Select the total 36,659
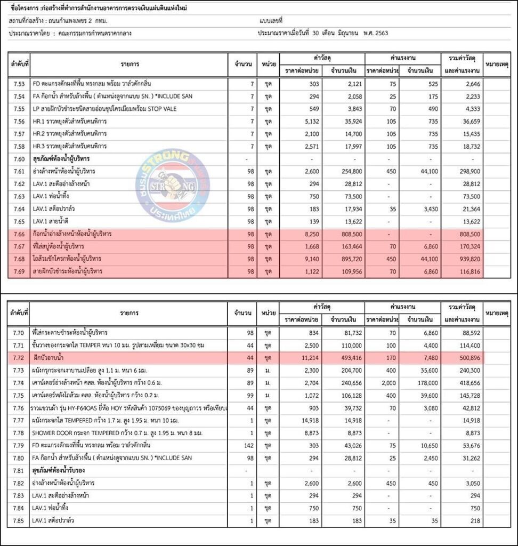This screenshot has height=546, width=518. pos(469,122)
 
